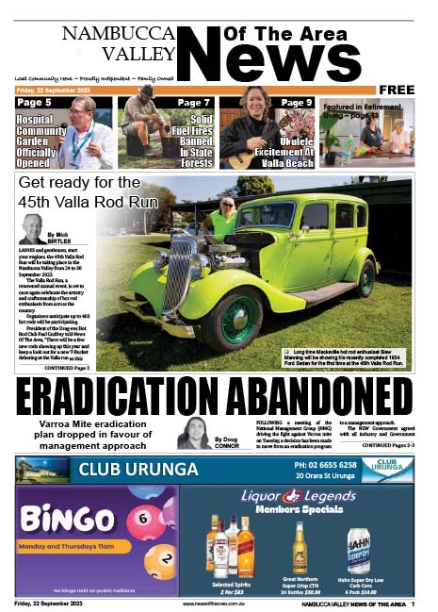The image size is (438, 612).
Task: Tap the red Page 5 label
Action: click(x=35, y=102)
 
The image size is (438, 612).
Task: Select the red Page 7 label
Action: click(x=193, y=102)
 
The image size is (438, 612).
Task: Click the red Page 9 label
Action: click(x=296, y=102)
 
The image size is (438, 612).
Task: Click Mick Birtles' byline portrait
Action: click(x=31, y=229)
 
